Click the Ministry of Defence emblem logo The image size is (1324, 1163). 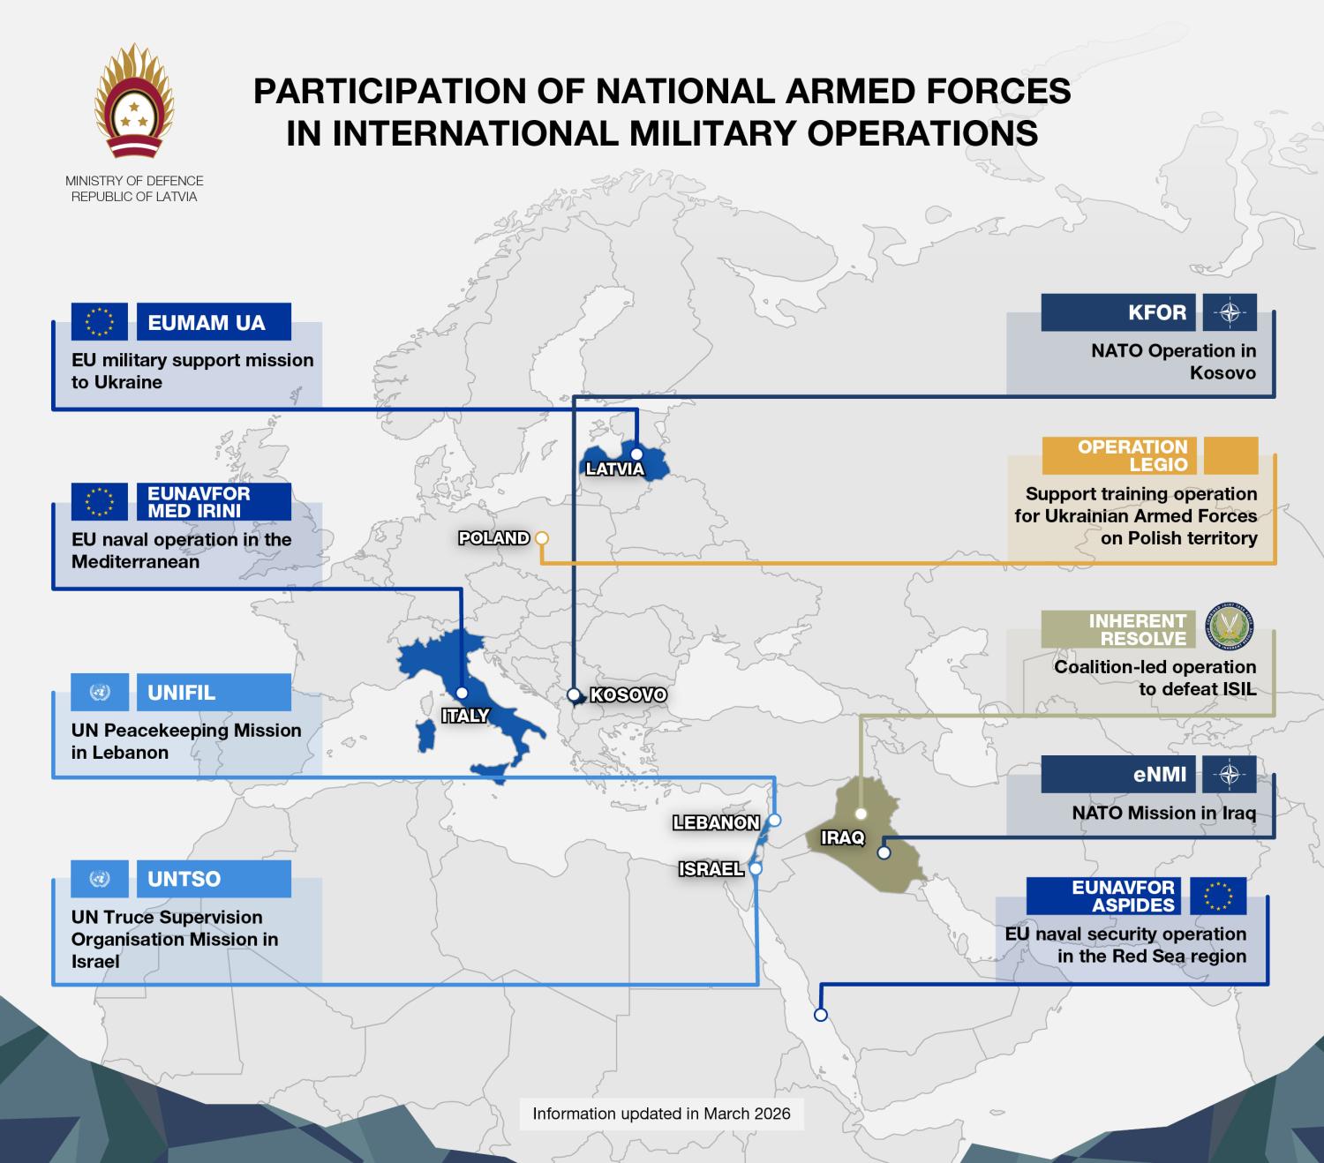point(134,104)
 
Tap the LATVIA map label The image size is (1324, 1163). point(614,469)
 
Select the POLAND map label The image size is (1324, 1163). point(493,537)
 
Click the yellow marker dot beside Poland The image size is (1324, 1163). point(542,537)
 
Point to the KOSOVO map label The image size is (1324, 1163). point(628,695)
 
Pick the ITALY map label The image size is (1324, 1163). point(465,716)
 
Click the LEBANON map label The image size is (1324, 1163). point(716,822)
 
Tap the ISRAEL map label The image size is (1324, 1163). point(711,869)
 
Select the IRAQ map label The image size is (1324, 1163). point(842,837)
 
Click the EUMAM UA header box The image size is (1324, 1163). point(214,323)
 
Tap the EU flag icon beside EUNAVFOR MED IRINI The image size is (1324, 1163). point(100,501)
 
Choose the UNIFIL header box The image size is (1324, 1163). point(214,693)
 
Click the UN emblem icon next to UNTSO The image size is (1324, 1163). point(100,879)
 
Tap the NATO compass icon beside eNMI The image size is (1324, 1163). point(1230,775)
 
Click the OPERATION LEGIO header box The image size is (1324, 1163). point(1118,455)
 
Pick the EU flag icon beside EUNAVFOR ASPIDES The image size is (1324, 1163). point(1218,896)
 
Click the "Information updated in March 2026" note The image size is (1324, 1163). point(661,1114)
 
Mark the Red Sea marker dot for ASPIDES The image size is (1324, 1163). point(820,1015)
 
